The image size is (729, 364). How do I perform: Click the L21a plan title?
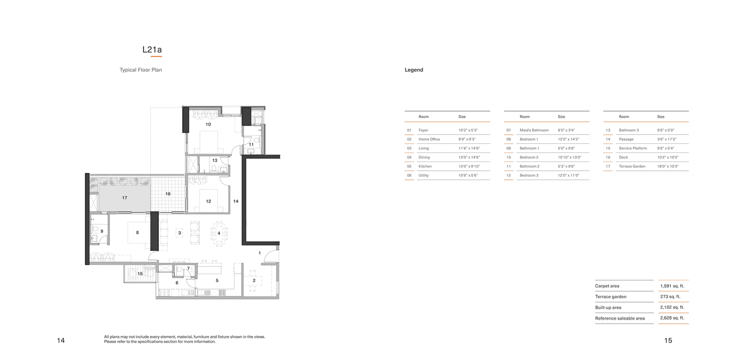pos(152,50)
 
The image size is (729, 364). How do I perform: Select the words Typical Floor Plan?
pos(141,70)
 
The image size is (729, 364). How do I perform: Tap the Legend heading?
pos(414,70)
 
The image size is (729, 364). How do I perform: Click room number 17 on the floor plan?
pos(124,198)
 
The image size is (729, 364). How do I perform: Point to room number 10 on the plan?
pos(208,124)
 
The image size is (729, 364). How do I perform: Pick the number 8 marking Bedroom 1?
pos(137,233)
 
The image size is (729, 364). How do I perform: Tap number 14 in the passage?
pos(235,201)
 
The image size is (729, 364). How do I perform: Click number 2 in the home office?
pos(254,280)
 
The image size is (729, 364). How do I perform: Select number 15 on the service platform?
pos(140,274)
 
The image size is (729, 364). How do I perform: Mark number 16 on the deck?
pos(168,194)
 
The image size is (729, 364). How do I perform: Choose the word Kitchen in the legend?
pos(425,167)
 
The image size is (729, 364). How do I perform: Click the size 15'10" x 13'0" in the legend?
pos(570,158)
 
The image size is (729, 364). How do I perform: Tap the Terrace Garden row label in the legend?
pos(632,167)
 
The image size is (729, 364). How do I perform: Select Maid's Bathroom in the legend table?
pos(534,130)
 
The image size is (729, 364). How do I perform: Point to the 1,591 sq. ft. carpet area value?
pos(672,286)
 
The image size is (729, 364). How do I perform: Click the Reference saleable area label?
pos(620,318)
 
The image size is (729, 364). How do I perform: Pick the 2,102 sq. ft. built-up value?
pos(672,308)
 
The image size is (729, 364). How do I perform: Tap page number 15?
pos(667,341)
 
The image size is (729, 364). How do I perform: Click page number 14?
pos(61,341)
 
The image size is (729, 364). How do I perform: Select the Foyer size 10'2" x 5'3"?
pos(468,130)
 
